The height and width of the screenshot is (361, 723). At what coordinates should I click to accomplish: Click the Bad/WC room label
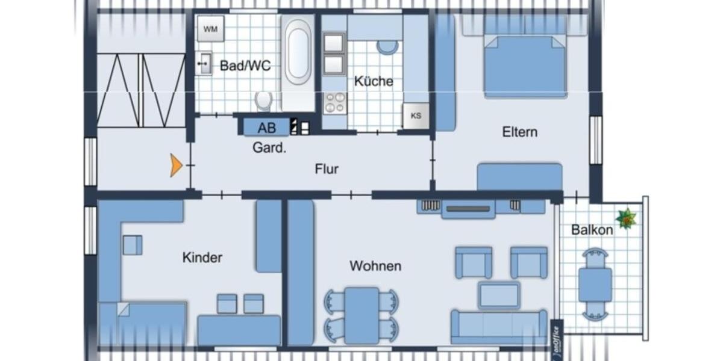coord(245,66)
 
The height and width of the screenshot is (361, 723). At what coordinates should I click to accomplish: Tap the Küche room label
coord(374,81)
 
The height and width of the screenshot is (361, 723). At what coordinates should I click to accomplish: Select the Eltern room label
coord(519,132)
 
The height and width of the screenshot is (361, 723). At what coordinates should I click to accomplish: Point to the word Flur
coord(327,169)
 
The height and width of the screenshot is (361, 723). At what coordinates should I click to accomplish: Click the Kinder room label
coord(202,258)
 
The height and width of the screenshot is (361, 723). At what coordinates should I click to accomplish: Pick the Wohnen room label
coord(375,266)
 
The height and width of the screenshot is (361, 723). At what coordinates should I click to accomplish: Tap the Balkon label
coord(592,230)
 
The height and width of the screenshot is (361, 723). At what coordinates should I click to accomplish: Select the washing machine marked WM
coord(210,29)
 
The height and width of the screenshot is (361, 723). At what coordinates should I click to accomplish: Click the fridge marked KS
coord(416,116)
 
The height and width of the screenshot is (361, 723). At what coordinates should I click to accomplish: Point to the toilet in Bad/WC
coord(263,101)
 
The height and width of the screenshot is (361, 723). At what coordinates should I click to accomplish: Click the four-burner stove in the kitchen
coord(336,103)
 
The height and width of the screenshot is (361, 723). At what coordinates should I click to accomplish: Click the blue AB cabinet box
coord(266,128)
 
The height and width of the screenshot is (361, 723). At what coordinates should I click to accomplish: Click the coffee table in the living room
coord(499,295)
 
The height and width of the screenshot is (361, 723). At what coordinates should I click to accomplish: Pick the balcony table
coord(595,284)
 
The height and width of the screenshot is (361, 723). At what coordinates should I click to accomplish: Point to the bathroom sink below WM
coord(205,63)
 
